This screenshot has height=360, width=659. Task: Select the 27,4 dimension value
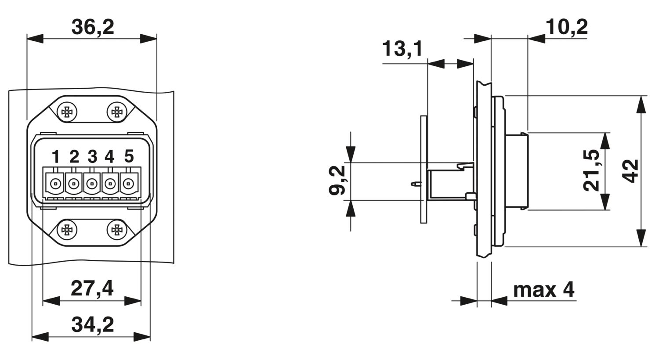point(92,288)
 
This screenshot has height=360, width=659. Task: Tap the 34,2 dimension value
point(93,325)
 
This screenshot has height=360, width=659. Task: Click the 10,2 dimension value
point(567,27)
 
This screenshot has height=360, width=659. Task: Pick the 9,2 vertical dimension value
point(337,180)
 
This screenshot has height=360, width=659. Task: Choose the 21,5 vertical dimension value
point(591,170)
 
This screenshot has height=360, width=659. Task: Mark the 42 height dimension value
point(630,171)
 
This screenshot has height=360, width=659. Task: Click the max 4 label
point(544,290)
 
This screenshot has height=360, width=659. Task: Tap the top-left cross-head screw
point(67,112)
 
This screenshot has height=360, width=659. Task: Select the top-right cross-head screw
point(117,112)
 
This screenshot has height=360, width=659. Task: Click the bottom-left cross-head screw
point(67,230)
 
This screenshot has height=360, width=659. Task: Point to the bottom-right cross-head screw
point(117,230)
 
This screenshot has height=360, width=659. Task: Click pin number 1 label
point(56,156)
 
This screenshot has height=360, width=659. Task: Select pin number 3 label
point(92,156)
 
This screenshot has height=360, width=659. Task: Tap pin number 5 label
point(129,156)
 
